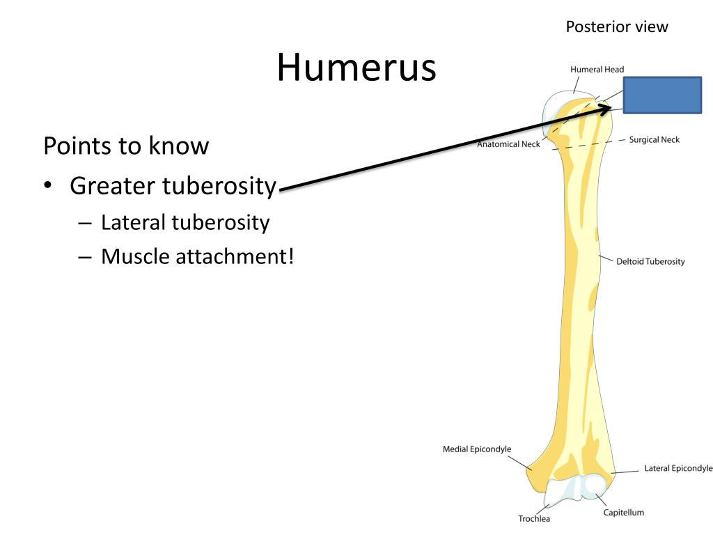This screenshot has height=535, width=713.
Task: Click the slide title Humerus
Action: [356, 68]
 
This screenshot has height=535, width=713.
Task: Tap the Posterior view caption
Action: [616, 27]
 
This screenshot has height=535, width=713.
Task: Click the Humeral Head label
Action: [597, 70]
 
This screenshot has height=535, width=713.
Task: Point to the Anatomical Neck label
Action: [508, 145]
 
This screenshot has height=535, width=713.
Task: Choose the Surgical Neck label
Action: [655, 140]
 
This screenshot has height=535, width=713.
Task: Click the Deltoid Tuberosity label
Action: [650, 262]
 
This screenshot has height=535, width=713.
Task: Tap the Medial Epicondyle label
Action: [477, 449]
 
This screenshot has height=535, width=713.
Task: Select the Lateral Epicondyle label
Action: [678, 468]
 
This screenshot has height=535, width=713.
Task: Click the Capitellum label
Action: [623, 513]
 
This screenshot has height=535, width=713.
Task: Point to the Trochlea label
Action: [534, 519]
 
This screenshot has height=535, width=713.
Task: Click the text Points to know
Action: [126, 146]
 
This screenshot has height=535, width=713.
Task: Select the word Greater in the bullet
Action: [113, 186]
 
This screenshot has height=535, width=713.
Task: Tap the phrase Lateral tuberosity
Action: [185, 223]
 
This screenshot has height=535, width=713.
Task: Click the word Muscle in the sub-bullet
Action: [135, 257]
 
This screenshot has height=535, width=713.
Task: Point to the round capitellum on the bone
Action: [595, 486]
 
